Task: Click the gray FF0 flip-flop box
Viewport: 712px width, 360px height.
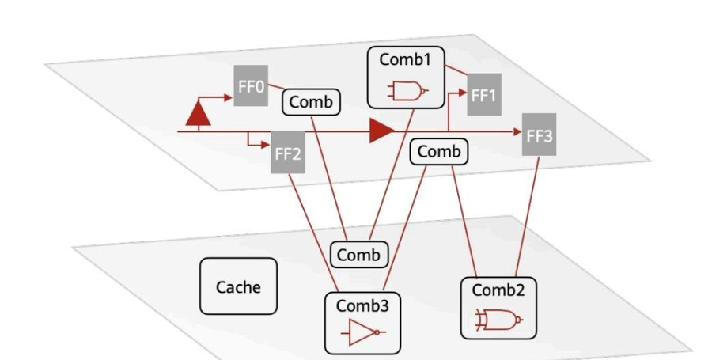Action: pyautogui.click(x=251, y=85)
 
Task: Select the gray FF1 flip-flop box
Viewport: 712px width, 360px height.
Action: pyautogui.click(x=484, y=94)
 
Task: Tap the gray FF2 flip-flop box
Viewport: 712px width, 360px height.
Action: pyautogui.click(x=288, y=153)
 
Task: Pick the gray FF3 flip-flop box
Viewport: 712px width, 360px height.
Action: pyautogui.click(x=539, y=135)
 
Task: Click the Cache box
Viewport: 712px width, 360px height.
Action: pyautogui.click(x=238, y=286)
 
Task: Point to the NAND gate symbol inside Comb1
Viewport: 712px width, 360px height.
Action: pyautogui.click(x=407, y=91)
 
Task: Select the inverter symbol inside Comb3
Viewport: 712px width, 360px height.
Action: pyautogui.click(x=363, y=332)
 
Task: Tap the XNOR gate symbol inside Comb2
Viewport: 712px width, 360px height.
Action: pyautogui.click(x=498, y=320)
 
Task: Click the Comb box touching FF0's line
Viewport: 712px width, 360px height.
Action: pyautogui.click(x=311, y=102)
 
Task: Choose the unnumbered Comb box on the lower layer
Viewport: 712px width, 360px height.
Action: pyautogui.click(x=359, y=255)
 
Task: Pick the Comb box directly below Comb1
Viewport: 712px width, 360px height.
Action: pyautogui.click(x=438, y=152)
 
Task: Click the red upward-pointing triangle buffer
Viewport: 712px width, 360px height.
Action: pyautogui.click(x=199, y=113)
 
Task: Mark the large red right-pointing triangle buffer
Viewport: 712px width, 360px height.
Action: pyautogui.click(x=382, y=131)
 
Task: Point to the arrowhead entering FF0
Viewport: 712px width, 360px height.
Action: pyautogui.click(x=229, y=97)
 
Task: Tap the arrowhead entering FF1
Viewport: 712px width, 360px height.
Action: pyautogui.click(x=463, y=93)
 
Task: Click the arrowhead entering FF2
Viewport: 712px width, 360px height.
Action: pyautogui.click(x=267, y=146)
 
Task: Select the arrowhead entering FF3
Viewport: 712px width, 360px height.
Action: pyautogui.click(x=517, y=131)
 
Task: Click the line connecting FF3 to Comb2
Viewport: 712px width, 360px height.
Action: pyautogui.click(x=527, y=217)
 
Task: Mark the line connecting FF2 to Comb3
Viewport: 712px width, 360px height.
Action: pyautogui.click(x=313, y=233)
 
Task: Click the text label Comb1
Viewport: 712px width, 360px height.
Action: pyautogui.click(x=405, y=59)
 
